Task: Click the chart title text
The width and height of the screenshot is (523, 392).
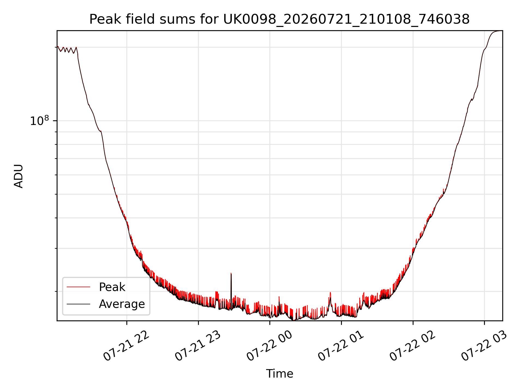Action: (279, 19)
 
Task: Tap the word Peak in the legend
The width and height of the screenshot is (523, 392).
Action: (112, 287)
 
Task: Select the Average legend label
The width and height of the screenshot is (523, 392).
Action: (122, 304)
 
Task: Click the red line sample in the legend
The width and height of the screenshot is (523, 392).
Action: (78, 287)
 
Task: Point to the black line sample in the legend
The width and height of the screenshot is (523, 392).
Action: (78, 304)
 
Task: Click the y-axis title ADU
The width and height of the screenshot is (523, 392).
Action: (19, 176)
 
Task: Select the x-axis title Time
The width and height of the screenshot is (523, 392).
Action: (279, 374)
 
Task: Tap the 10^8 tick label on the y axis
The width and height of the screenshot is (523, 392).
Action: (39, 120)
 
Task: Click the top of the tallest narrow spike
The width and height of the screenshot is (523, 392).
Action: (231, 273)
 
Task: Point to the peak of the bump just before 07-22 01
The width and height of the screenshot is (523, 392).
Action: (330, 292)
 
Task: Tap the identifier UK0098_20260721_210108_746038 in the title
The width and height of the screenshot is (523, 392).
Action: (346, 20)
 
